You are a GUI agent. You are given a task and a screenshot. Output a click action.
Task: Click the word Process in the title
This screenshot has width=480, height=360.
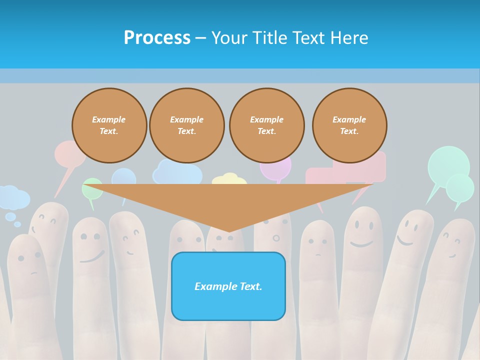[x=157, y=37]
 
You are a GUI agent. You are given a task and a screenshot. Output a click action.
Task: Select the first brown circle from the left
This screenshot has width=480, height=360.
[x=109, y=125]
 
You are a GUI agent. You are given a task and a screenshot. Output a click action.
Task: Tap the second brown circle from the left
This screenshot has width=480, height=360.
[x=187, y=125]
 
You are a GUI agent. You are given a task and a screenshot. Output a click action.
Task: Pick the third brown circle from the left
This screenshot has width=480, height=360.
[x=267, y=125]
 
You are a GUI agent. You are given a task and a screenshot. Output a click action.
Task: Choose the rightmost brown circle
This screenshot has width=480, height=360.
[x=349, y=125]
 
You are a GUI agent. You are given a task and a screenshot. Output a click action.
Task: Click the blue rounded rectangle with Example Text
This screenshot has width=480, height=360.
[x=228, y=286]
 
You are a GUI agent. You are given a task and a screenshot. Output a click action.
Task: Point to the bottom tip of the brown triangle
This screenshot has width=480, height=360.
[x=229, y=230]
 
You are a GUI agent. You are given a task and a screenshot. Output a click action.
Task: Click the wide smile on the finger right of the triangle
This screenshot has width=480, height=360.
[x=362, y=243]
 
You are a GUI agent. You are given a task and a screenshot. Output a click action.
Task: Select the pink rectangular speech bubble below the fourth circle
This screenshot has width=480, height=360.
[x=325, y=175]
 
